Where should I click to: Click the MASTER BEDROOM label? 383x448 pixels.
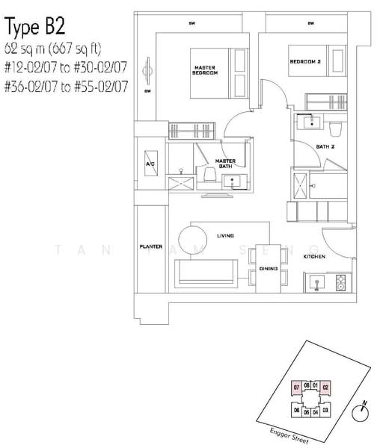pyautogui.click(x=205, y=69)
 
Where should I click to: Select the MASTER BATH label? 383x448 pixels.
pyautogui.click(x=225, y=163)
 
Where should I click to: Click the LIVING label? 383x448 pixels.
pyautogui.click(x=225, y=236)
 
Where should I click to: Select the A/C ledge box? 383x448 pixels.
pyautogui.click(x=149, y=164)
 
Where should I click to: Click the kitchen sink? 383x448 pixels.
pyautogui.click(x=316, y=283)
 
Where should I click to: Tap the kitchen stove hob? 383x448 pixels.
pyautogui.click(x=341, y=283)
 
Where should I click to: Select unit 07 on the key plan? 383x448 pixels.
pyautogui.click(x=296, y=388)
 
